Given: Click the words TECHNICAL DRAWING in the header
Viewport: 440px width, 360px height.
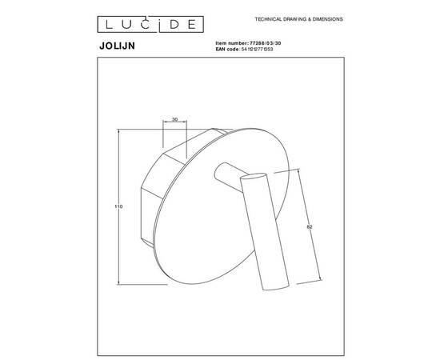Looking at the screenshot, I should pyautogui.click(x=278, y=17).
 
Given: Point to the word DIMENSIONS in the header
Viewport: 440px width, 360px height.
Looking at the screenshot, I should pyautogui.click(x=325, y=17).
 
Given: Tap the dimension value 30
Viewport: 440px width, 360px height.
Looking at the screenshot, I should pyautogui.click(x=174, y=121).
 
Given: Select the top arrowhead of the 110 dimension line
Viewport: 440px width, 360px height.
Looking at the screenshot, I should pyautogui.click(x=120, y=133).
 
